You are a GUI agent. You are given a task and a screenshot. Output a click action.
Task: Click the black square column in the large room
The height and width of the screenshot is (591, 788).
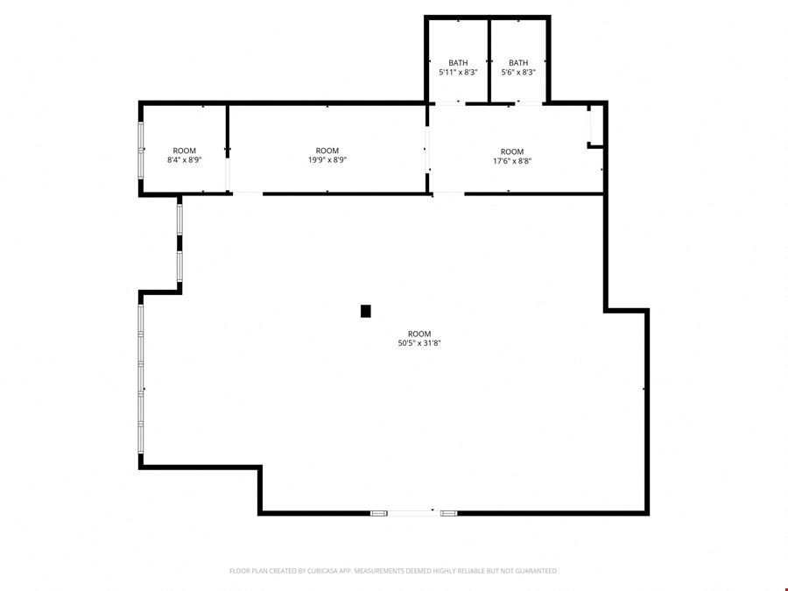tap(365, 311)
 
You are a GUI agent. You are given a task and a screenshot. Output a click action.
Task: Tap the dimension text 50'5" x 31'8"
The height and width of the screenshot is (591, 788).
tap(419, 343)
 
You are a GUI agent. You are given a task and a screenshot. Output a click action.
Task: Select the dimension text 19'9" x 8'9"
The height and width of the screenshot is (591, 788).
tap(327, 160)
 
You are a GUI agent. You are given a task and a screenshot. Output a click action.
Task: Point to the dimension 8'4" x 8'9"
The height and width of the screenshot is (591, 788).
tap(185, 160)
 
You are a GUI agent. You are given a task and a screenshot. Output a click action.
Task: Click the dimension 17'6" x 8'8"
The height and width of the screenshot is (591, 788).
tap(512, 161)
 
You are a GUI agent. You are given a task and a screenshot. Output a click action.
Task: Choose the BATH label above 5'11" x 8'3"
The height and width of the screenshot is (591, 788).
tap(458, 63)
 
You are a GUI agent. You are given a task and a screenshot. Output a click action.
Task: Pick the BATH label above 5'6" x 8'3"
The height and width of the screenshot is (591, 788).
tap(518, 63)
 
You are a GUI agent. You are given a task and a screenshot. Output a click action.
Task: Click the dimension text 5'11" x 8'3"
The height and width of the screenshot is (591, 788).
tap(458, 72)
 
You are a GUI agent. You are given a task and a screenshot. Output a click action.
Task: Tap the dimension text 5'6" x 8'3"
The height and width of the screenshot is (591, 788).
tap(518, 72)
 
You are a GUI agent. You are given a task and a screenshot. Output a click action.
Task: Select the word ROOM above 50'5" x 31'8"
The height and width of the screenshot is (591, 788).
tap(419, 334)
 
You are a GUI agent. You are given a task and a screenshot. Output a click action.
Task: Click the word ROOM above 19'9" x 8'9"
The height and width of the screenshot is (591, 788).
tap(327, 151)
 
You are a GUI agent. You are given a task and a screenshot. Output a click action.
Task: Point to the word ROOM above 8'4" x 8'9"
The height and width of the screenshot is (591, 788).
tap(185, 151)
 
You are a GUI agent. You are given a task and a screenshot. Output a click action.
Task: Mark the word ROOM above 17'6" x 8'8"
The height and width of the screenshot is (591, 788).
tap(512, 151)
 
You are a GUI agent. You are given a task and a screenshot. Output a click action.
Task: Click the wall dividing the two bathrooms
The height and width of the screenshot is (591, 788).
tap(489, 60)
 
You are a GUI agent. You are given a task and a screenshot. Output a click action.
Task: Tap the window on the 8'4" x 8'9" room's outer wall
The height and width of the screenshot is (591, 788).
tap(141, 150)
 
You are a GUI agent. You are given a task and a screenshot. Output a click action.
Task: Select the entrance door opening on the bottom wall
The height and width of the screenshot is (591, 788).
tap(413, 513)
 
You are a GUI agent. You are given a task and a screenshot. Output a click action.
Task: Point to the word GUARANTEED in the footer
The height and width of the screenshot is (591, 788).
tap(538, 571)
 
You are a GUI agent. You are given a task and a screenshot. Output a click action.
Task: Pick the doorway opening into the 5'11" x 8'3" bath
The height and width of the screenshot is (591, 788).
tap(450, 103)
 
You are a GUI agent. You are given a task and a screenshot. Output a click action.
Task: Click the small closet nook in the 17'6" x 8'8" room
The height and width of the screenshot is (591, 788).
tap(595, 125)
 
